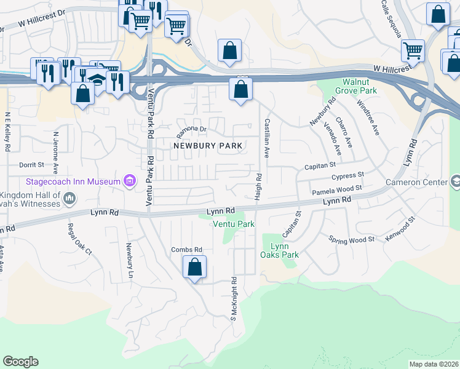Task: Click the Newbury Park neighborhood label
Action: tap(209, 146)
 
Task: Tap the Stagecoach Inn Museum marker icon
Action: tap(129, 181)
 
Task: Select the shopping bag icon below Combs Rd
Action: tap(194, 268)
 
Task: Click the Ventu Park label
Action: tap(234, 224)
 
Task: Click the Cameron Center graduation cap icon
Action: tap(456, 182)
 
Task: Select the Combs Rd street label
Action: tap(186, 249)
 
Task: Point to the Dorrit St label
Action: tap(32, 165)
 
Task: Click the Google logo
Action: tap(20, 362)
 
